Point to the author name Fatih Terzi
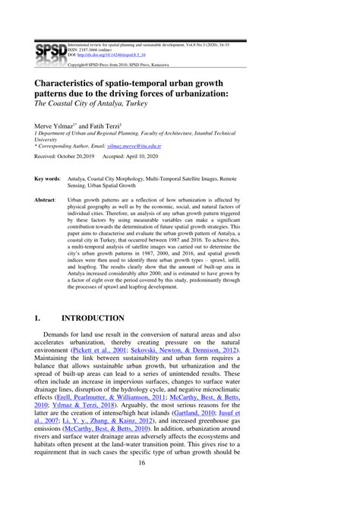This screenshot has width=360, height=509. tap(116, 123)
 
